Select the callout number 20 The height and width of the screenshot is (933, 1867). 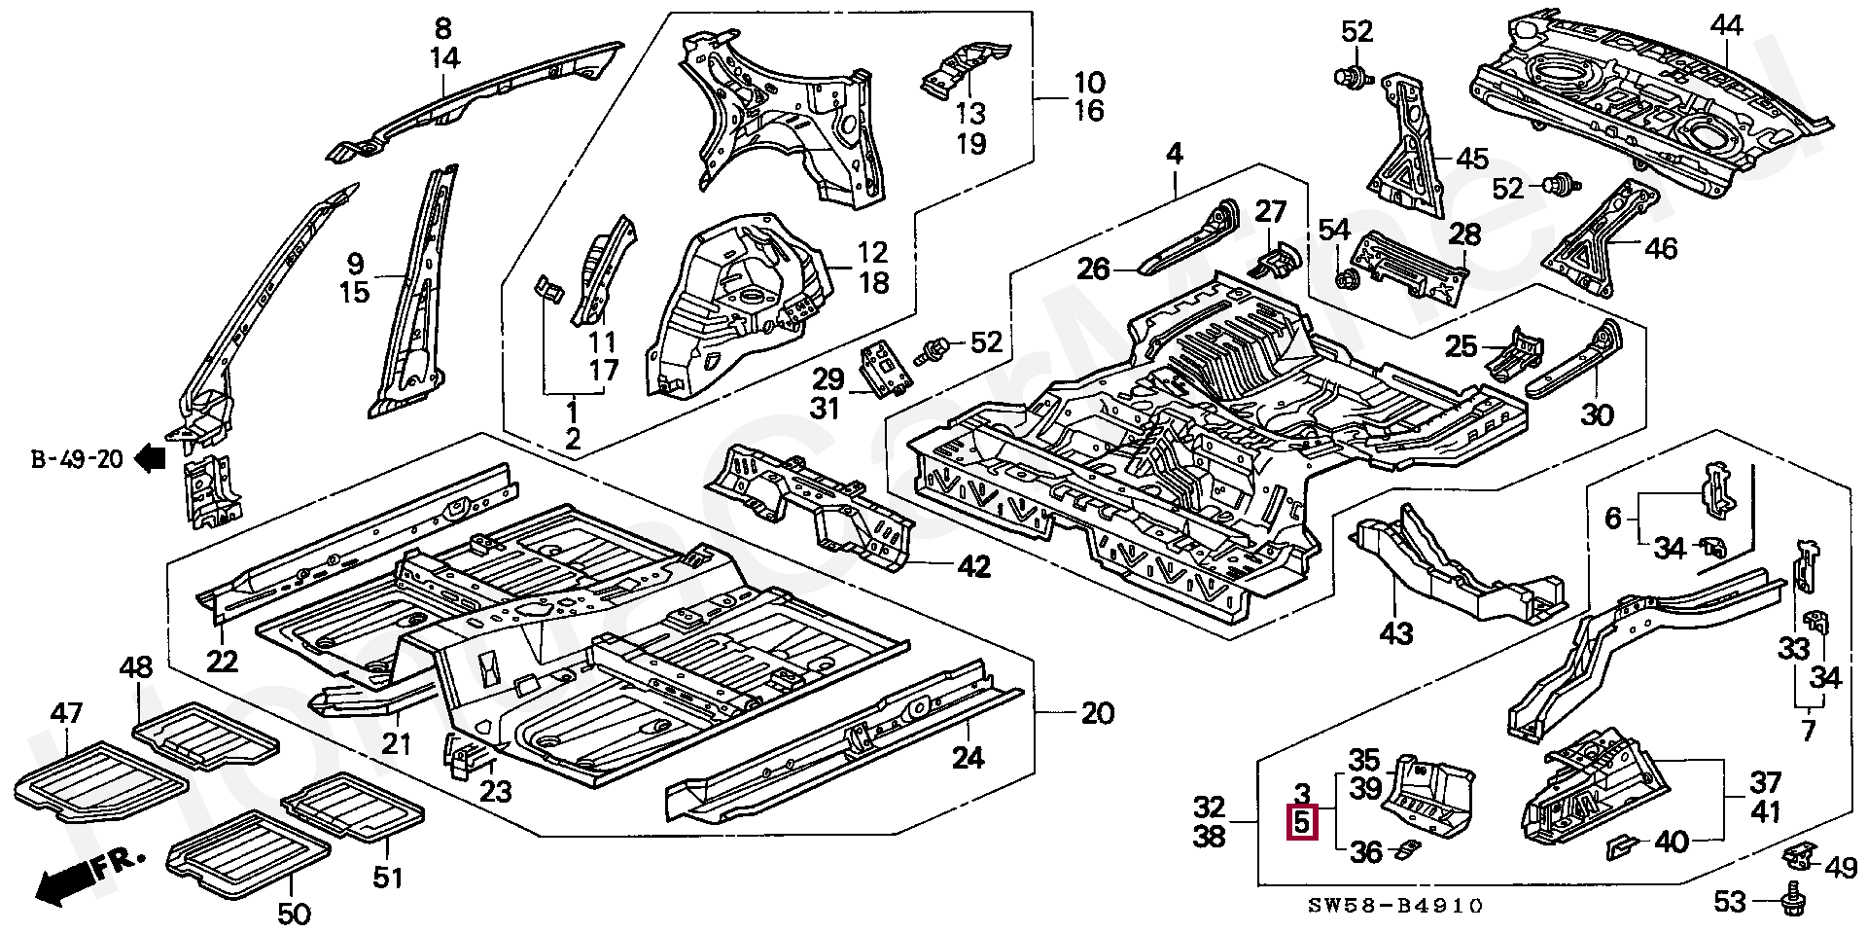tap(1097, 713)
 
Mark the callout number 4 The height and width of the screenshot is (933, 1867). tap(1175, 155)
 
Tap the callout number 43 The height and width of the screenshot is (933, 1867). tap(1396, 634)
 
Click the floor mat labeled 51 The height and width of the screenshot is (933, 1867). tap(352, 807)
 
